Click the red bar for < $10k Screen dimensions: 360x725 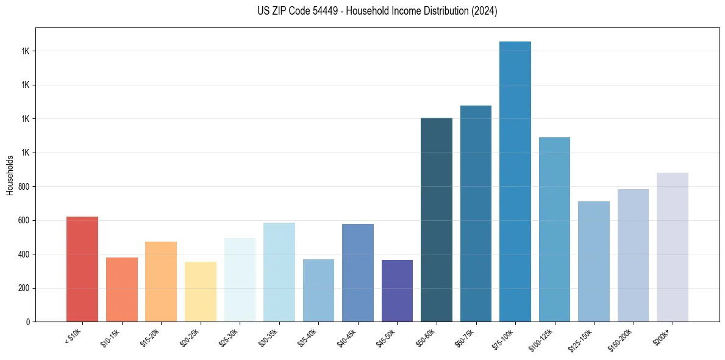tap(82, 269)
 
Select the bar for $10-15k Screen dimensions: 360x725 tap(122, 289)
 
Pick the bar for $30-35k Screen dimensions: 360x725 tap(279, 272)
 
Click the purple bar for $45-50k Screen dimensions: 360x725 tap(397, 290)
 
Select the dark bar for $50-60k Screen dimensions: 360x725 tap(437, 220)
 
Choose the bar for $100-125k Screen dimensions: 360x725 tap(554, 229)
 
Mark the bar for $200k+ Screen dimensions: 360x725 tap(673, 247)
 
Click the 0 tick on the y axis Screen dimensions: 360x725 tap(28, 322)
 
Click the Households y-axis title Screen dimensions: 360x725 tap(10, 175)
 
